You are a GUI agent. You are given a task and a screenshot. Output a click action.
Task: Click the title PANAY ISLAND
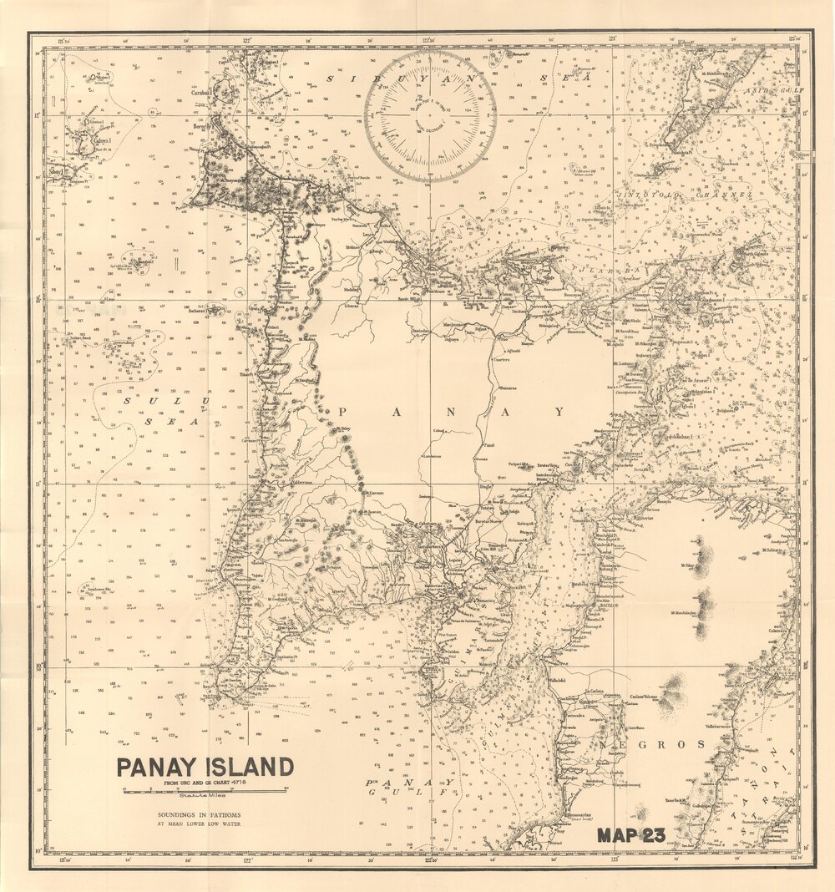[205, 767]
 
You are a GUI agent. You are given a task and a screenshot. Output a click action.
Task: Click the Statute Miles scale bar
[205, 792]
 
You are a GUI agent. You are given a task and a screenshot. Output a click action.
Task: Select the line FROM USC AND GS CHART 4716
[205, 782]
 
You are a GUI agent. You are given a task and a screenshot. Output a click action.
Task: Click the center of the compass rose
[430, 115]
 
